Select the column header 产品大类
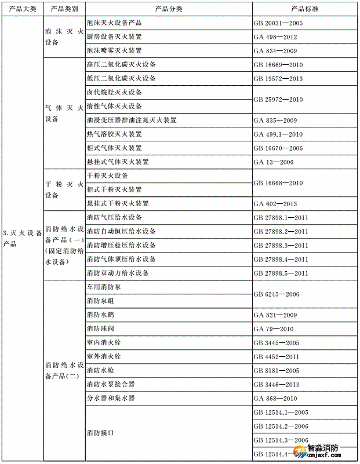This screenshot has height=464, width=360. (22, 9)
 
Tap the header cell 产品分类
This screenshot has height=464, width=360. (169, 9)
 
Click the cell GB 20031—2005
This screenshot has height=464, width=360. (278, 23)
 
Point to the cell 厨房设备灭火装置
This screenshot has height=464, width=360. (114, 37)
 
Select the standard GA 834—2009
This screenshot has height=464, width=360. (275, 51)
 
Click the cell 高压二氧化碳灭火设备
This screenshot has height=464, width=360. (121, 65)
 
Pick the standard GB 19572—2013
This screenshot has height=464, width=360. (278, 79)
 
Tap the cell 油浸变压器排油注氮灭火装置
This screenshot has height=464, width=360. (132, 120)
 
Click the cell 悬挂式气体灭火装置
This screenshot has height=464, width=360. (118, 162)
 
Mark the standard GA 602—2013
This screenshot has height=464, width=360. (275, 204)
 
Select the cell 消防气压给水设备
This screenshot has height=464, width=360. (114, 218)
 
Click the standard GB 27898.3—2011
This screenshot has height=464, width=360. (281, 246)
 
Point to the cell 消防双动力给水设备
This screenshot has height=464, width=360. (118, 273)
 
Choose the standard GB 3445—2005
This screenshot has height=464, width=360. (277, 343)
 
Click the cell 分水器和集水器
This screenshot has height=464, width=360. (111, 399)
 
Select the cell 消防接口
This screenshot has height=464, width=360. (100, 433)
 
